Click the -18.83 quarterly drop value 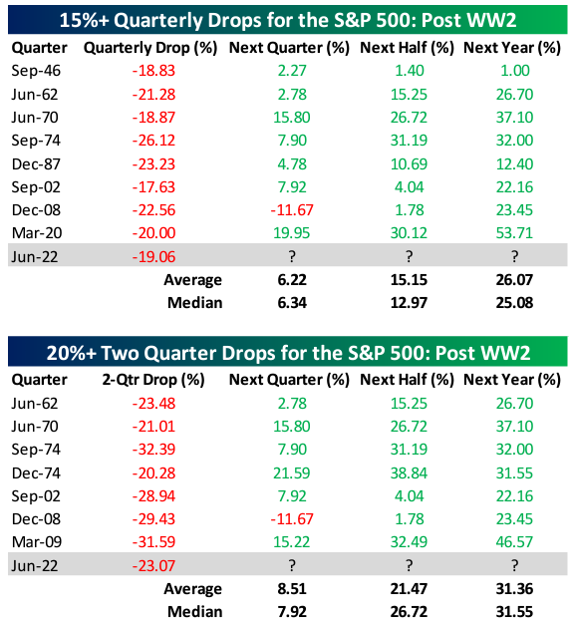tap(153, 71)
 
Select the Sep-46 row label tap(36, 71)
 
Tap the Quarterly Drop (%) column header tap(150, 48)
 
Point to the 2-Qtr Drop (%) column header tap(153, 380)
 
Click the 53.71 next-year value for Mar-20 tap(514, 233)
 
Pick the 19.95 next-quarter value tap(291, 233)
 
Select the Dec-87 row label tap(36, 164)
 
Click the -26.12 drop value tap(153, 141)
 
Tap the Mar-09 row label tap(37, 542)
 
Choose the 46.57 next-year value tap(514, 542)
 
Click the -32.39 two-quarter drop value tap(153, 450)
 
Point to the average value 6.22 tap(292, 280)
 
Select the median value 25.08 tap(514, 303)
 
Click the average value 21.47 tap(409, 589)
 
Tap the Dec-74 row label tap(36, 473)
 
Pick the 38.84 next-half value tap(409, 473)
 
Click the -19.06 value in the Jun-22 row tap(153, 257)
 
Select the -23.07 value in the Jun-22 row tap(153, 566)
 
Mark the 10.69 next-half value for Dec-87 tap(409, 164)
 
